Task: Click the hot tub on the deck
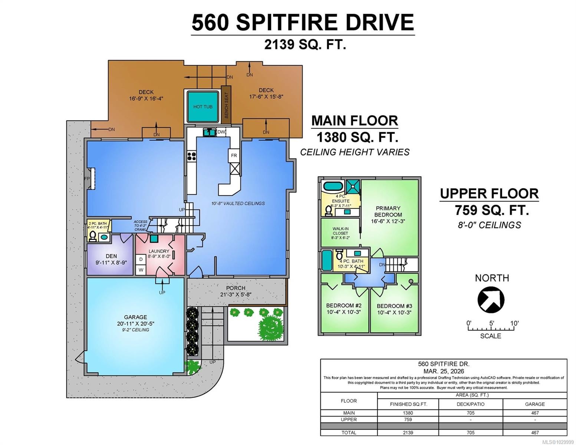[203, 107]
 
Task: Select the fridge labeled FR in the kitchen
[234, 155]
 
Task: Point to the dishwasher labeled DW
[221, 132]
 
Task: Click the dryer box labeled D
[141, 260]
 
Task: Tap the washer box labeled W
[141, 270]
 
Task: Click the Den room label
[111, 256]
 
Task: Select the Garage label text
[135, 317]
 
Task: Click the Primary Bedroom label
[388, 211]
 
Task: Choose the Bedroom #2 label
[343, 306]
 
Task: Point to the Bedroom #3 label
[394, 306]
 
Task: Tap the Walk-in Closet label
[340, 231]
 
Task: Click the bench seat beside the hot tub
[226, 105]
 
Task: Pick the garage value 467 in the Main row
[534, 413]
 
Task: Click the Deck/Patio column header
[470, 404]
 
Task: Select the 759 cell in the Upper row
[408, 419]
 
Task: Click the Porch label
[236, 288]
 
